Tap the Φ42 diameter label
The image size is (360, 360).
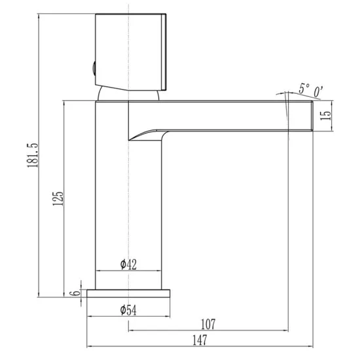128,264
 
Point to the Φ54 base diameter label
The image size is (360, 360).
128,310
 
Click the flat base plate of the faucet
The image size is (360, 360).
128,293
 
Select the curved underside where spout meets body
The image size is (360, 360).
147,134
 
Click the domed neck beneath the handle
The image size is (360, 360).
128,95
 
